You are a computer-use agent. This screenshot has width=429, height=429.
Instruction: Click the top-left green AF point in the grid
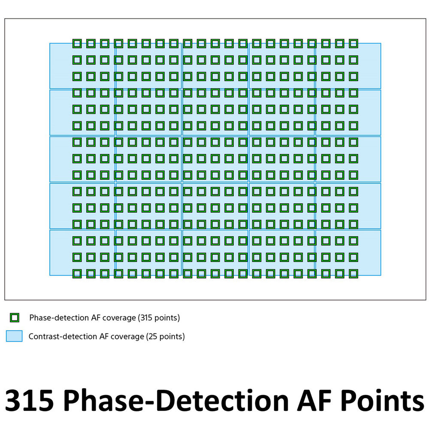[x=77, y=43]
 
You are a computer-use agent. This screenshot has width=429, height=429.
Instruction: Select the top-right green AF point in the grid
[x=353, y=43]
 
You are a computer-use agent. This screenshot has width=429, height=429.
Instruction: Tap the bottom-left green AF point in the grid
[x=77, y=273]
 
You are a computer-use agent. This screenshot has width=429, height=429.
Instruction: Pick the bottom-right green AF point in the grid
[x=353, y=273]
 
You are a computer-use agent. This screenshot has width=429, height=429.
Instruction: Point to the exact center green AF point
[x=215, y=158]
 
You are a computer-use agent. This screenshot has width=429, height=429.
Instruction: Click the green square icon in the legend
[x=15, y=318]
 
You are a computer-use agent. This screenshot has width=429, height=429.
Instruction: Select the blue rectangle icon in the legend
[x=14, y=336]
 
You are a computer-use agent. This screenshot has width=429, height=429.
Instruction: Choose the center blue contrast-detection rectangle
[x=215, y=159]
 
